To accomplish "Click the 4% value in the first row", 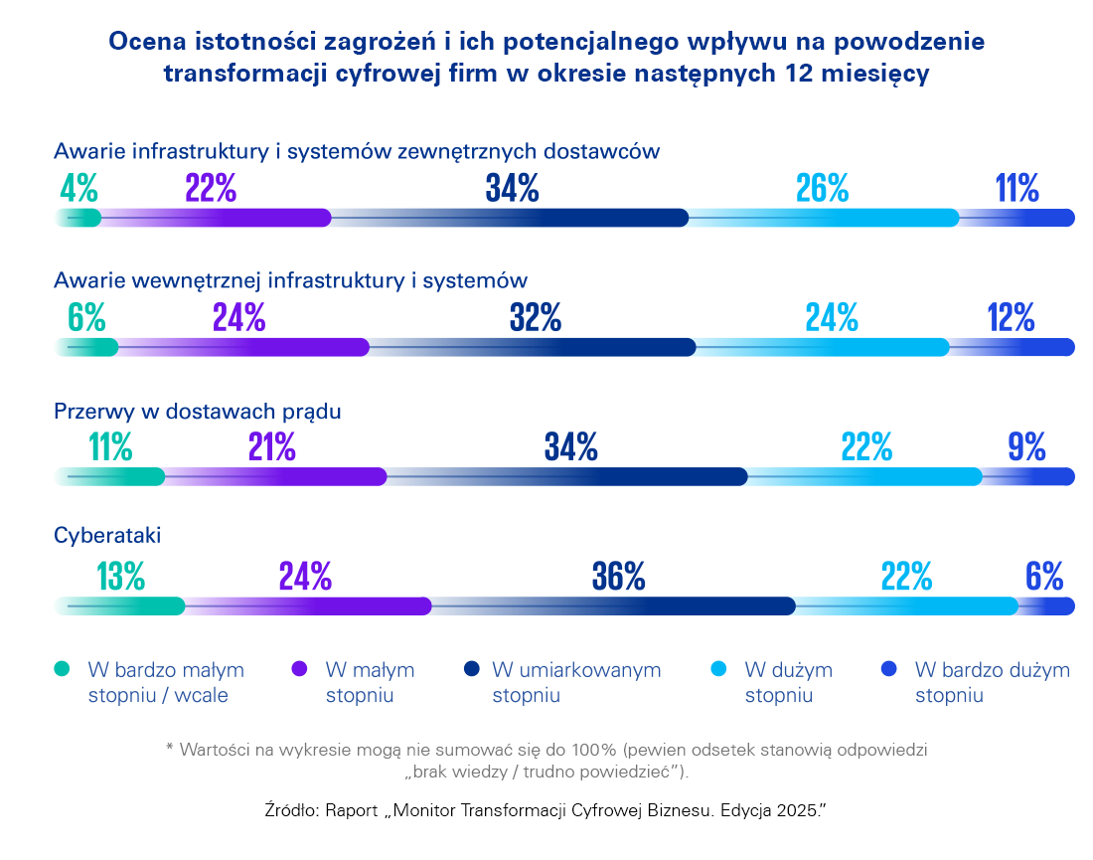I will pyautogui.click(x=78, y=188).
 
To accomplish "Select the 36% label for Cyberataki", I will pyautogui.click(x=619, y=576).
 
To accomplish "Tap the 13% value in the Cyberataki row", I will pyautogui.click(x=122, y=576).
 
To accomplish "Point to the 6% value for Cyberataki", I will pyautogui.click(x=1044, y=576).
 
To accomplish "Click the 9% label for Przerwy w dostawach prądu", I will pyautogui.click(x=1026, y=447).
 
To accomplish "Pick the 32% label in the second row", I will pyautogui.click(x=536, y=317).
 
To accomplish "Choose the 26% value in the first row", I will pyautogui.click(x=822, y=188).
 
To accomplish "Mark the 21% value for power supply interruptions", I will pyautogui.click(x=272, y=447).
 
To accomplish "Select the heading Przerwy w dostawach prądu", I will pyautogui.click(x=198, y=411).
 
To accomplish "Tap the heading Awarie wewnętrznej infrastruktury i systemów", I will pyautogui.click(x=290, y=280).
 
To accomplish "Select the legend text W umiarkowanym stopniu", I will pyautogui.click(x=576, y=682).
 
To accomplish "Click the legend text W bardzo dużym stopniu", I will pyautogui.click(x=992, y=682).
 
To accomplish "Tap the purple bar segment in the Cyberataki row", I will pyautogui.click(x=328, y=605).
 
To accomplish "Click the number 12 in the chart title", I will pyautogui.click(x=822, y=75).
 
